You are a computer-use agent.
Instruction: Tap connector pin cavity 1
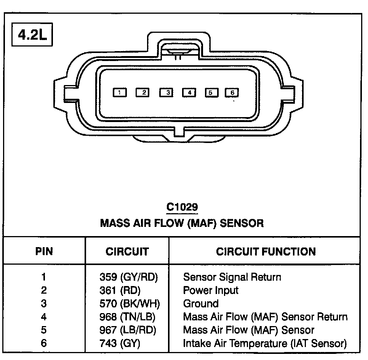point(120,92)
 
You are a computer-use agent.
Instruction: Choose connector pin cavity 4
point(189,92)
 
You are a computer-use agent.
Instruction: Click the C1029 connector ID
point(182,207)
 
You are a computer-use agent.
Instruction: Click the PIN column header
point(44,251)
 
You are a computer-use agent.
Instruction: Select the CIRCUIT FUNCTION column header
point(266,251)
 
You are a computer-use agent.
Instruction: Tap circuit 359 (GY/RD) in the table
point(128,277)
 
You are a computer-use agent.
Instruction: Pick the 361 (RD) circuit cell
point(120,290)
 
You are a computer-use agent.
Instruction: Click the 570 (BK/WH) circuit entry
point(129,304)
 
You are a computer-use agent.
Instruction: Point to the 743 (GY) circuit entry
point(120,343)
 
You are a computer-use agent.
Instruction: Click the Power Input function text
point(211,290)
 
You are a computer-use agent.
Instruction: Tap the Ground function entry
point(201,304)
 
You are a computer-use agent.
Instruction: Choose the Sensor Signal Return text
point(232,277)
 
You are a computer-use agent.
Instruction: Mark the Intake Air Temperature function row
point(265,343)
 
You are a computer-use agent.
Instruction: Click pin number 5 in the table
point(44,330)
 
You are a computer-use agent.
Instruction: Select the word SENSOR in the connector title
point(242,223)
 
